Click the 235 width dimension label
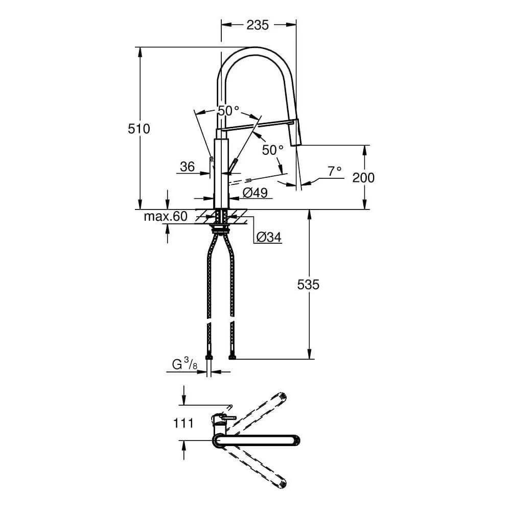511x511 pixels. [x=258, y=25]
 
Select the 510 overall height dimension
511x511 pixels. [x=139, y=129]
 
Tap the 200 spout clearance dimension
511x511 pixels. [x=363, y=178]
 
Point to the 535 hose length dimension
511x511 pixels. [x=308, y=285]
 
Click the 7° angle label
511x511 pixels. [x=335, y=172]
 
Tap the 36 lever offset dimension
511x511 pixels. [x=188, y=167]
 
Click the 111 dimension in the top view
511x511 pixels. [x=182, y=423]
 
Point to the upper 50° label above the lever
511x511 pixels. [x=228, y=110]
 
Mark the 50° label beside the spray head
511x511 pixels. [x=272, y=150]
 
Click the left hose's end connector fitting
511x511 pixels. [x=208, y=357]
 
